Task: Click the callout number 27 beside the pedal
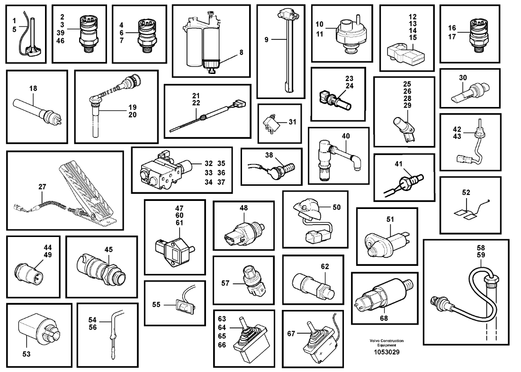pos(42,187)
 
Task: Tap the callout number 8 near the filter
pos(241,52)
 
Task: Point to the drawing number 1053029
pos(386,352)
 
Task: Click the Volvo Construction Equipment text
pos(386,343)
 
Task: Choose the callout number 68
pos(384,318)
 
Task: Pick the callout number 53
pos(26,354)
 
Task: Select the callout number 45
pos(108,249)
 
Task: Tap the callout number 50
pos(337,207)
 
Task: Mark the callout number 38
pos(269,155)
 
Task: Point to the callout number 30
pos(463,77)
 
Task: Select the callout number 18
pos(33,89)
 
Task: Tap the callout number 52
pos(466,192)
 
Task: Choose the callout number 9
pos(267,39)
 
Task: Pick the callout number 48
pos(243,208)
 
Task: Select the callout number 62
pos(324,266)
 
